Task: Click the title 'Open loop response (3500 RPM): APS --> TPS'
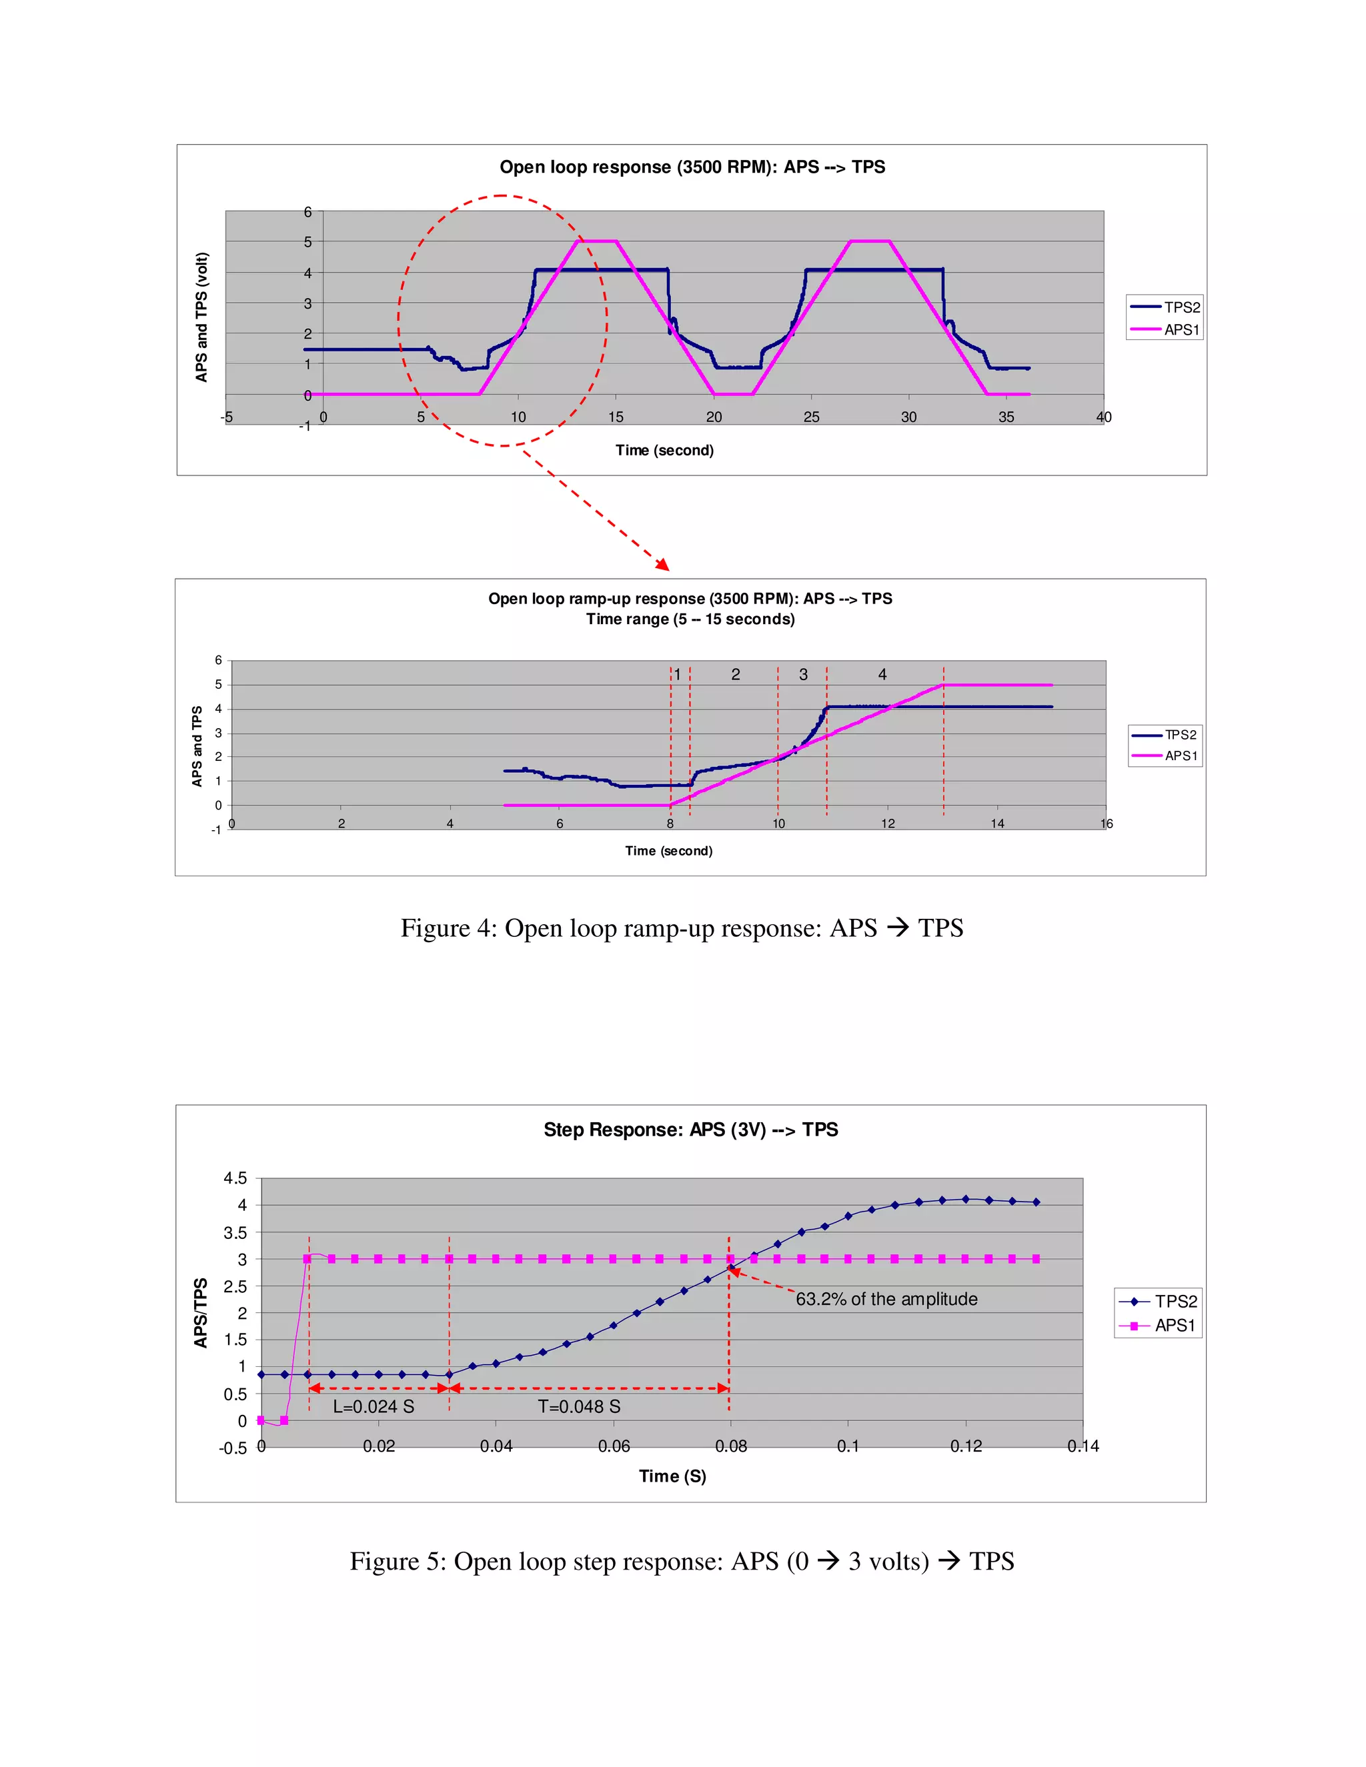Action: (692, 167)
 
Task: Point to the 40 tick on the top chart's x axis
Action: (1103, 417)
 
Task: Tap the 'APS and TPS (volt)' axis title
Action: (201, 317)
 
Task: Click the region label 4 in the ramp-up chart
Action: (882, 674)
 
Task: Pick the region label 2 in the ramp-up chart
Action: (736, 674)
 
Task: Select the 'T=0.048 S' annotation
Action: (580, 1406)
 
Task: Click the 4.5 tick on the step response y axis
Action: (235, 1178)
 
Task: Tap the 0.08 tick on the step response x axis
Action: (731, 1446)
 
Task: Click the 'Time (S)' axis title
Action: (672, 1476)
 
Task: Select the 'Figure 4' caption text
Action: (682, 928)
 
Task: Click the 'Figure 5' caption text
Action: (682, 1561)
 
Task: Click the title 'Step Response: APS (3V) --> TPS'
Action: (690, 1130)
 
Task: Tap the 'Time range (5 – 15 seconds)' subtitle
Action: (690, 619)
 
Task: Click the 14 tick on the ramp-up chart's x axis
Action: (997, 823)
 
